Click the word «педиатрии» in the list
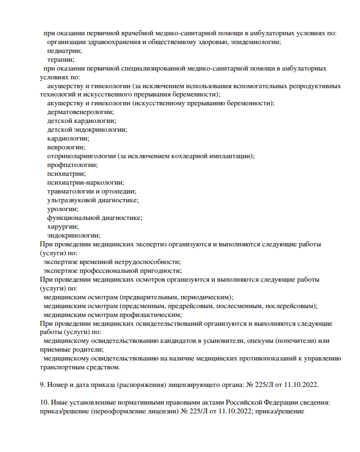(63, 51)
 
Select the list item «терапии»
(61, 60)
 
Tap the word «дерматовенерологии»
(80, 112)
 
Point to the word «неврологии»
(66, 147)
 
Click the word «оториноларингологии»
(81, 156)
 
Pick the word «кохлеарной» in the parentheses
(191, 156)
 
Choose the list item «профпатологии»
(72, 165)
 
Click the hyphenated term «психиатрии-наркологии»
(85, 182)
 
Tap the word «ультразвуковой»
(72, 200)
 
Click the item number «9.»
(44, 385)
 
